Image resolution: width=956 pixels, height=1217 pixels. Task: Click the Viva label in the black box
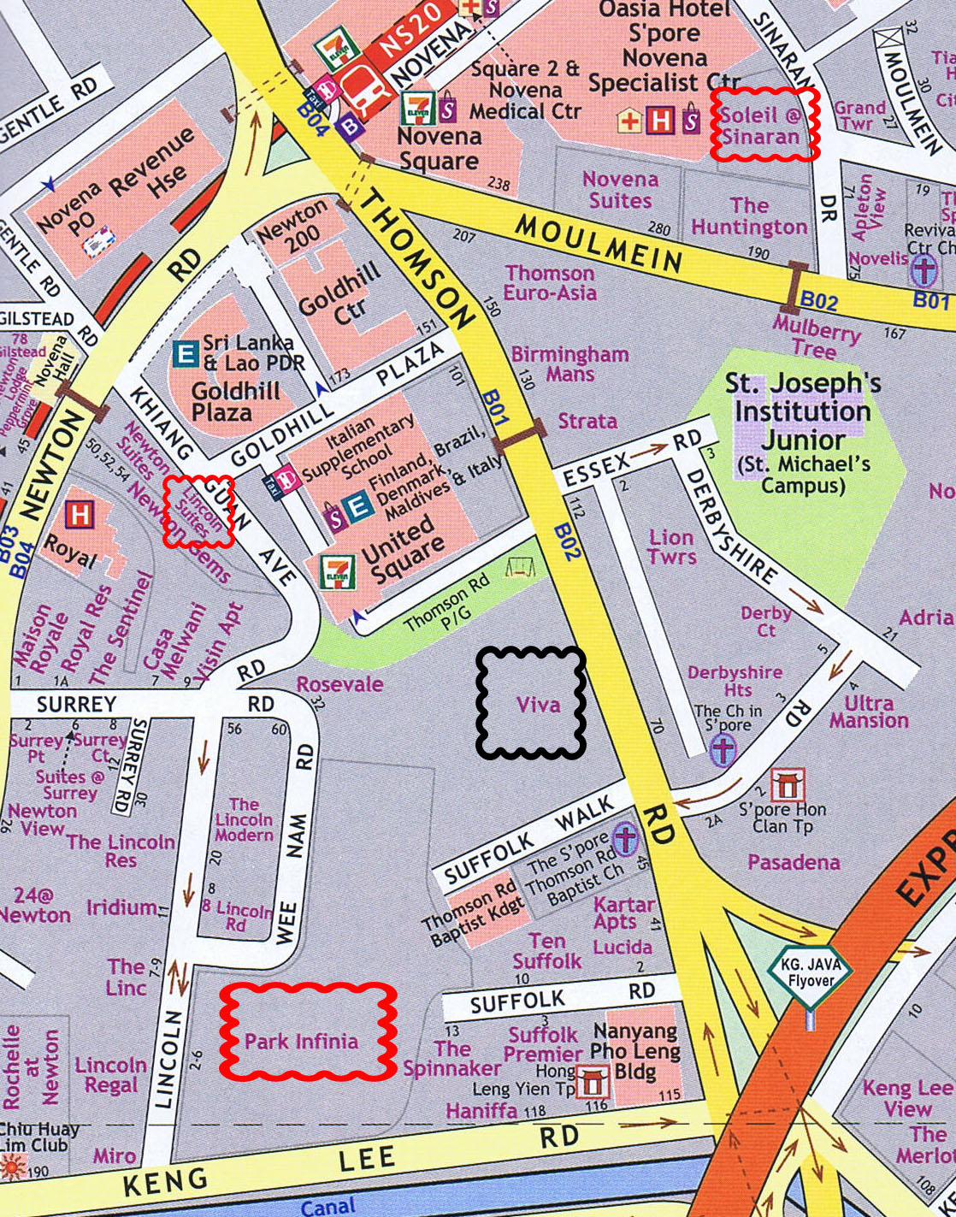(538, 705)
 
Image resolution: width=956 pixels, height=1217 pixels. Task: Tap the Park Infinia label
(301, 1041)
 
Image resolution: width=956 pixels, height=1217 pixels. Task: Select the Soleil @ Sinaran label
(760, 126)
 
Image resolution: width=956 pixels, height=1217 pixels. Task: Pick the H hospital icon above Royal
(80, 515)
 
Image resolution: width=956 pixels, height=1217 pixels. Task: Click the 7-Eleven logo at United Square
(338, 571)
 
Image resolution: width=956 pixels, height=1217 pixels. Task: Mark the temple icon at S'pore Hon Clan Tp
(786, 784)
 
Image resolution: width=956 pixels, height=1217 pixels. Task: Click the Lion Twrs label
(671, 547)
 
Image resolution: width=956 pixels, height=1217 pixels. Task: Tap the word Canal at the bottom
(328, 1206)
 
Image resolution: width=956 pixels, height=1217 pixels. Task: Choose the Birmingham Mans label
(569, 363)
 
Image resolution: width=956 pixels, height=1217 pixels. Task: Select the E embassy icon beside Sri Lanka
(185, 352)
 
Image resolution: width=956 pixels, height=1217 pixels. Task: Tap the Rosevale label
(339, 684)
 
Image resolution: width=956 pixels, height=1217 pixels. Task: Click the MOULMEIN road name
(598, 242)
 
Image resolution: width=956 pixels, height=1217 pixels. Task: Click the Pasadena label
(794, 862)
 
